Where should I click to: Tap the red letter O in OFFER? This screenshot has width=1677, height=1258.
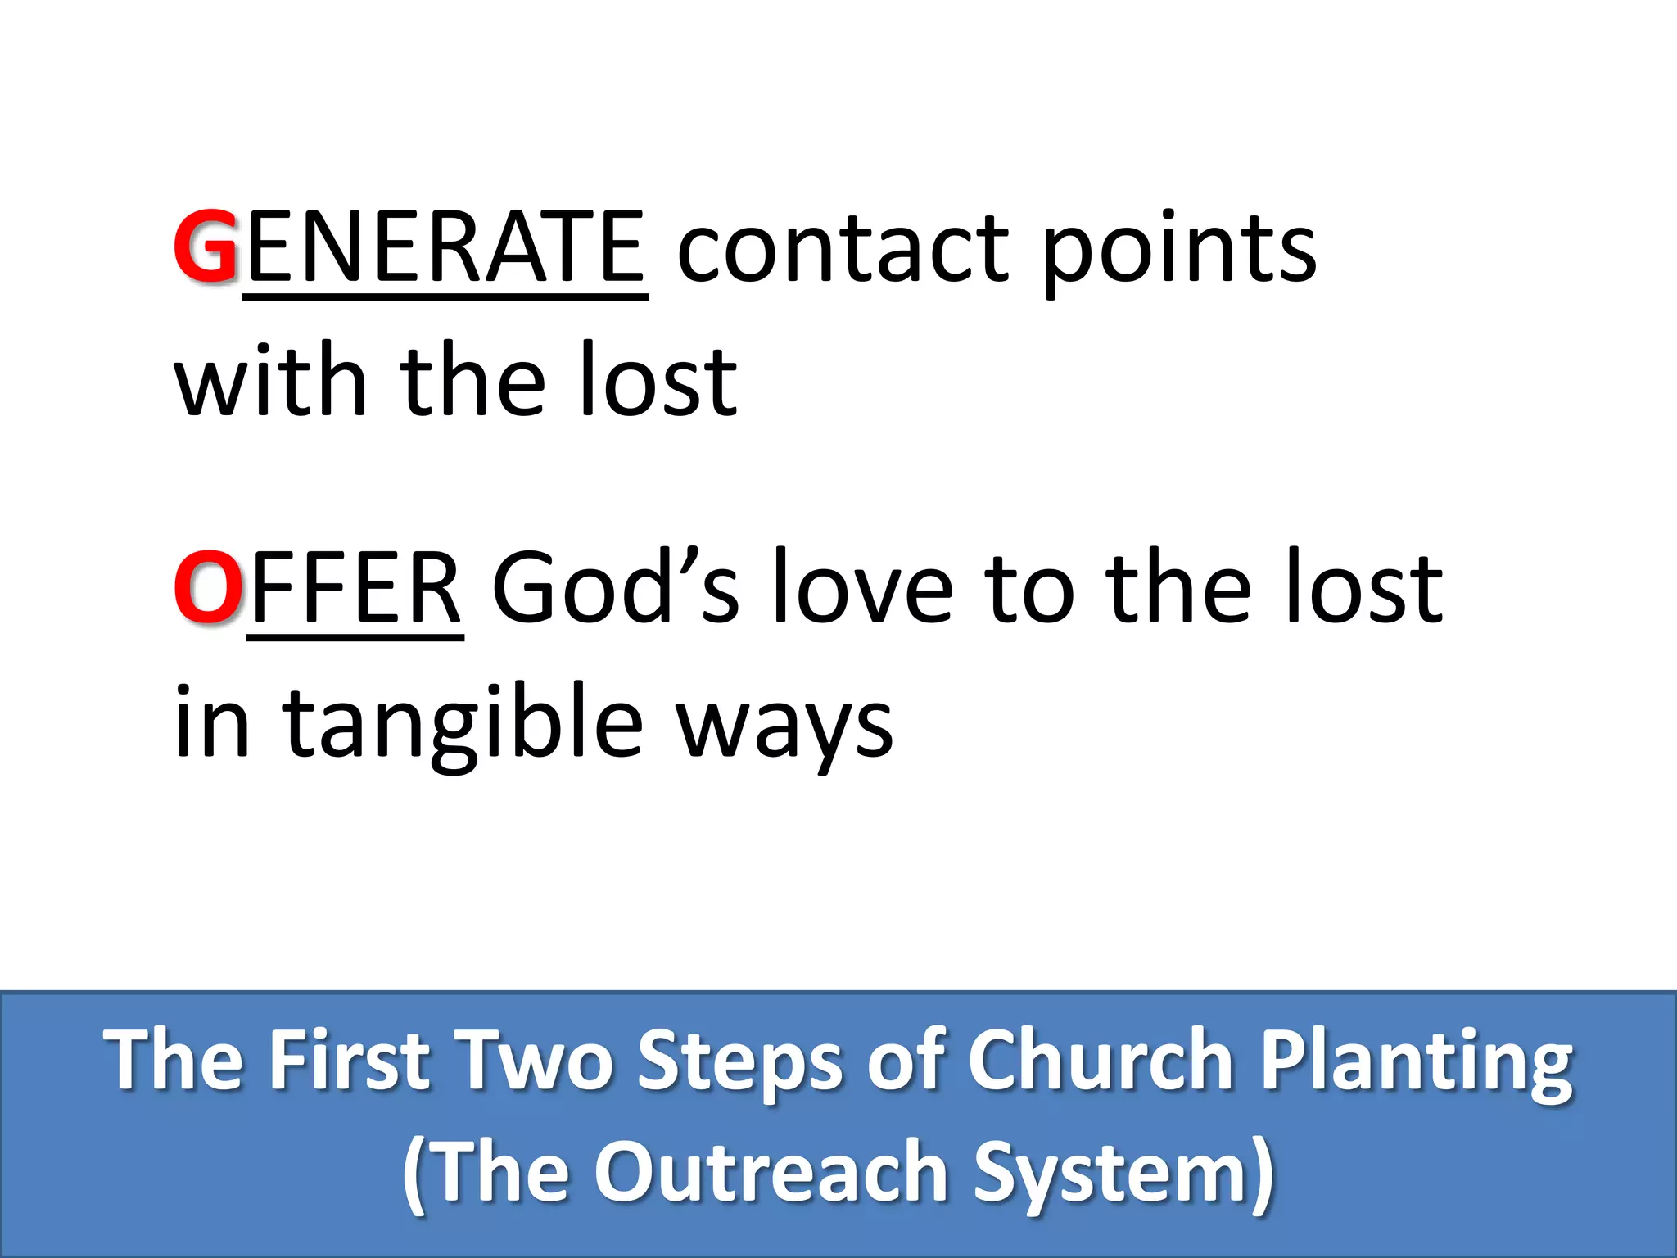[208, 587]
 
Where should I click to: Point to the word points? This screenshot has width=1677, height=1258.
[1179, 250]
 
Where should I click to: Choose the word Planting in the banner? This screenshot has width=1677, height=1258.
[1417, 1062]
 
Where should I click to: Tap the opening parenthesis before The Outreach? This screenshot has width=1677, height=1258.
[414, 1174]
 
